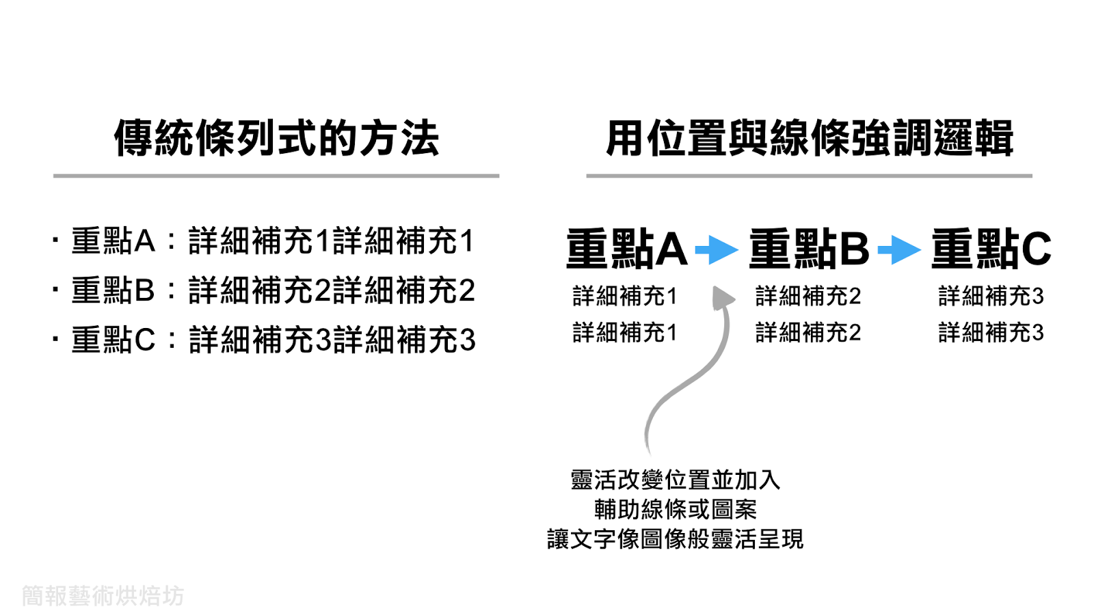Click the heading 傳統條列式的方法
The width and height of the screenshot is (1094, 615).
(x=276, y=138)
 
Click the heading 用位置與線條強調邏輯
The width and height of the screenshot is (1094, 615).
(x=809, y=138)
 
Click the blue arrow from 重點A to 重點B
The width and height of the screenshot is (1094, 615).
(x=717, y=249)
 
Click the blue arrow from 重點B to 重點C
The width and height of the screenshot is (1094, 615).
(x=899, y=249)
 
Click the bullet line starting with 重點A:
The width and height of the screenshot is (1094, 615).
(x=273, y=241)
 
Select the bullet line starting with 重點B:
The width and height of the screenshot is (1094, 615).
(x=273, y=290)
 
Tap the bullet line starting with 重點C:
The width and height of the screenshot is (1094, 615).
(x=273, y=340)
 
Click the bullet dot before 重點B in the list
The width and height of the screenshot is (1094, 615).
(x=55, y=290)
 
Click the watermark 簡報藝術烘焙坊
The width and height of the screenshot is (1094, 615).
(x=103, y=596)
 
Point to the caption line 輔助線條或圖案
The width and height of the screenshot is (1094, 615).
(x=675, y=509)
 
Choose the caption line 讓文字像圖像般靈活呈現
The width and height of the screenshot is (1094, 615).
(x=675, y=539)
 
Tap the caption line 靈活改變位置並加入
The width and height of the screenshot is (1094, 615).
(x=675, y=480)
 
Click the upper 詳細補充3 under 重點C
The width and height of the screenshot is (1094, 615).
(x=991, y=296)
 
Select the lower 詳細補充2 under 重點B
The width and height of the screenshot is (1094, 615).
(x=808, y=333)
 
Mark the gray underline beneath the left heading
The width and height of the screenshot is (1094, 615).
(x=276, y=176)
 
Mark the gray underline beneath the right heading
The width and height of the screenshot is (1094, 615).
(x=809, y=176)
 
